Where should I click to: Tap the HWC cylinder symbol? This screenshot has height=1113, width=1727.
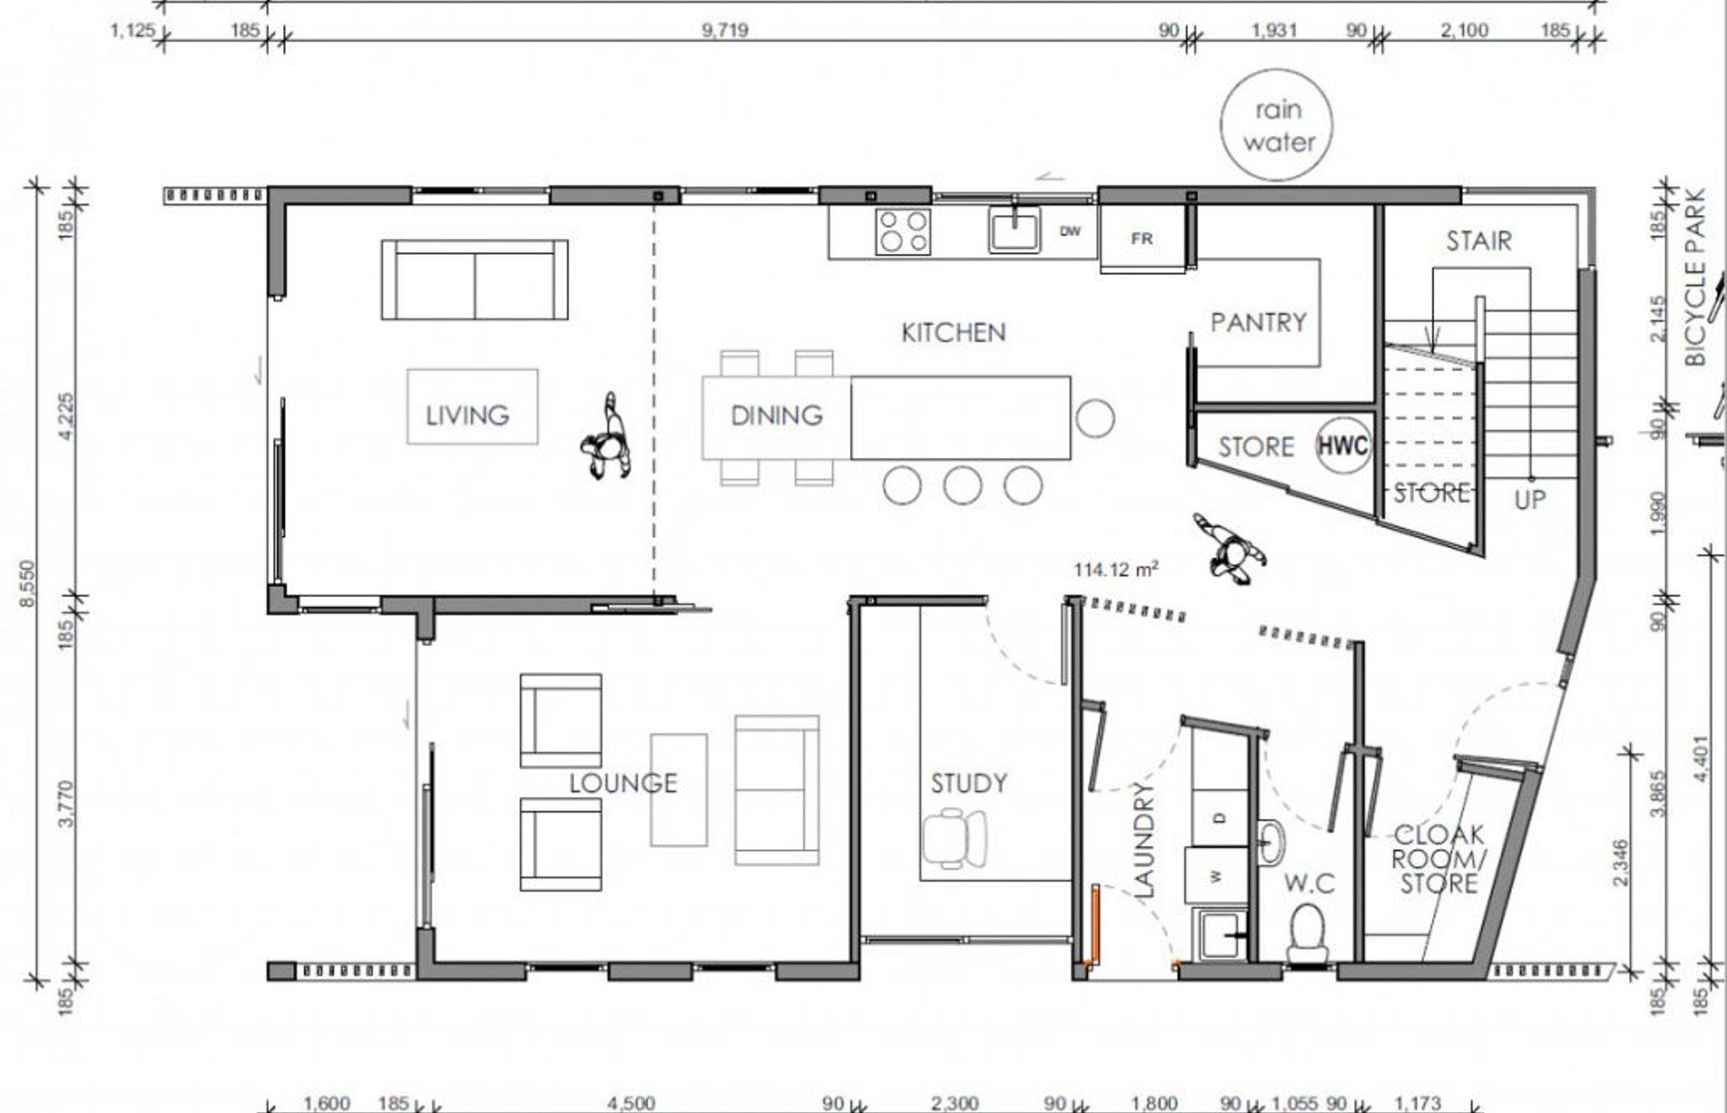[1343, 445]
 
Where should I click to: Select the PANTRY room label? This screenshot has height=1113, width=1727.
[1259, 323]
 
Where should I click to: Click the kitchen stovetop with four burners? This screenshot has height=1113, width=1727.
[903, 231]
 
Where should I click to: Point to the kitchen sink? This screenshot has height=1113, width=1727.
[1015, 230]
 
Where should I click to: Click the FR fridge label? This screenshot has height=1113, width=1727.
[1142, 239]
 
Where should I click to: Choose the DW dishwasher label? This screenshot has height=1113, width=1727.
[1069, 231]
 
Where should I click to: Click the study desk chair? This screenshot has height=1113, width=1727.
[954, 838]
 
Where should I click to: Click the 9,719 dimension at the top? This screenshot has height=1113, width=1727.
[725, 31]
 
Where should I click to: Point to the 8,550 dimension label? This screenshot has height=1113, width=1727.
[28, 583]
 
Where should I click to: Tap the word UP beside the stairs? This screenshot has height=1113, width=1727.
[1530, 500]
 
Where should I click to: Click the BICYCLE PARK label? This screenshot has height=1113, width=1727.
[1695, 278]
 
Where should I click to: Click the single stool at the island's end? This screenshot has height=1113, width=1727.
[1095, 418]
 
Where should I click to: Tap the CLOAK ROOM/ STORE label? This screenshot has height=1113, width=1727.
[1439, 859]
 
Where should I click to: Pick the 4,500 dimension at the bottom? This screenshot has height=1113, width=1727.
[631, 1103]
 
